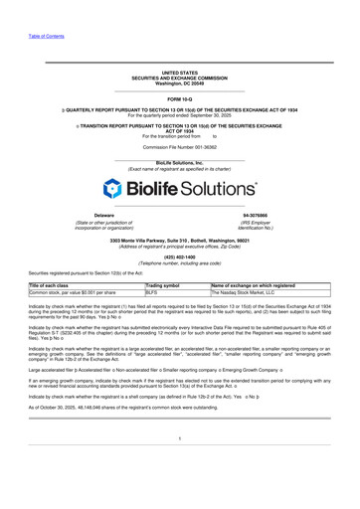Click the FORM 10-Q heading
coord(180,100)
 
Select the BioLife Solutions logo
coord(179,189)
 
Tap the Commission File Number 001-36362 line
coord(179,145)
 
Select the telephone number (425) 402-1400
coord(179,256)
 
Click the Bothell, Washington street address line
coord(179,241)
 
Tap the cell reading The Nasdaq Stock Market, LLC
coord(249,293)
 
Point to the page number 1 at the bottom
coord(179,464)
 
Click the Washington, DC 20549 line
coord(179,84)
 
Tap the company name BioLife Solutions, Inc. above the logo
coord(179,162)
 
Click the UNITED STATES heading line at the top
coord(179,74)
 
